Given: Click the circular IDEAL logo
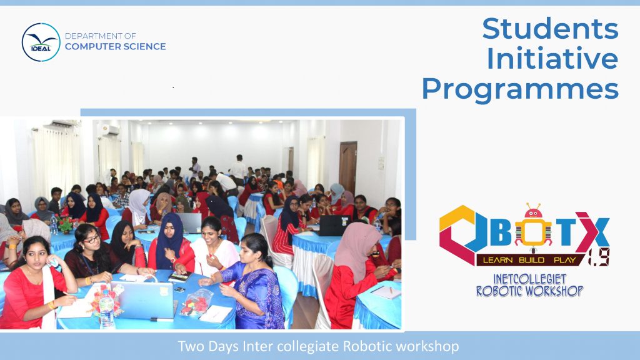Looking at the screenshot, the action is coord(41,42).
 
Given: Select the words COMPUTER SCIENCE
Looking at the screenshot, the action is coord(116,46).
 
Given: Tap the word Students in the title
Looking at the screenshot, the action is coord(550,29).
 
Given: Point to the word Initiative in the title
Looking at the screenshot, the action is coord(552,58).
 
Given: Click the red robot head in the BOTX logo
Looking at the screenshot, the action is coord(533,211).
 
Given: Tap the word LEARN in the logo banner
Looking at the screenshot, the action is coord(498,260).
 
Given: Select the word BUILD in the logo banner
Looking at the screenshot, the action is coord(531,260).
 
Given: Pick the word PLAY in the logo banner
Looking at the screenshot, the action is coord(564,260).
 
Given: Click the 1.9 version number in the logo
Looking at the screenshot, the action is coord(599,257).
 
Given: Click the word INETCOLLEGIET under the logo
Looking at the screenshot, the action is coord(530,279).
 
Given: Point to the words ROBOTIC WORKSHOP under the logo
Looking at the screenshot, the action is coord(530,291).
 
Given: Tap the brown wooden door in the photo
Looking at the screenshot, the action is coord(347,167).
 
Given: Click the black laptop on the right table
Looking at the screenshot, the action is coord(334,225).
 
